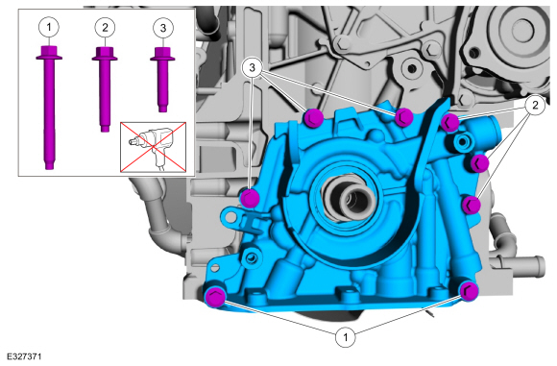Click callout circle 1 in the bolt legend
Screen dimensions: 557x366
[x=49, y=27]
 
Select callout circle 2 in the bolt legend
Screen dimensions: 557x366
[x=105, y=27]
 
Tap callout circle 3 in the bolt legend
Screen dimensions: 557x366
[x=163, y=28]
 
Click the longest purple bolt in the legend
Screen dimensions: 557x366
[x=49, y=108]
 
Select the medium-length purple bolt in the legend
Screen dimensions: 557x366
[x=105, y=89]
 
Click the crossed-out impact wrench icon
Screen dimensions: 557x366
[x=153, y=147]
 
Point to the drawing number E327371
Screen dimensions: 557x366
[x=24, y=356]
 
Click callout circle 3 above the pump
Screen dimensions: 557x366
[x=253, y=67]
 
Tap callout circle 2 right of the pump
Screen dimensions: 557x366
[x=535, y=105]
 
